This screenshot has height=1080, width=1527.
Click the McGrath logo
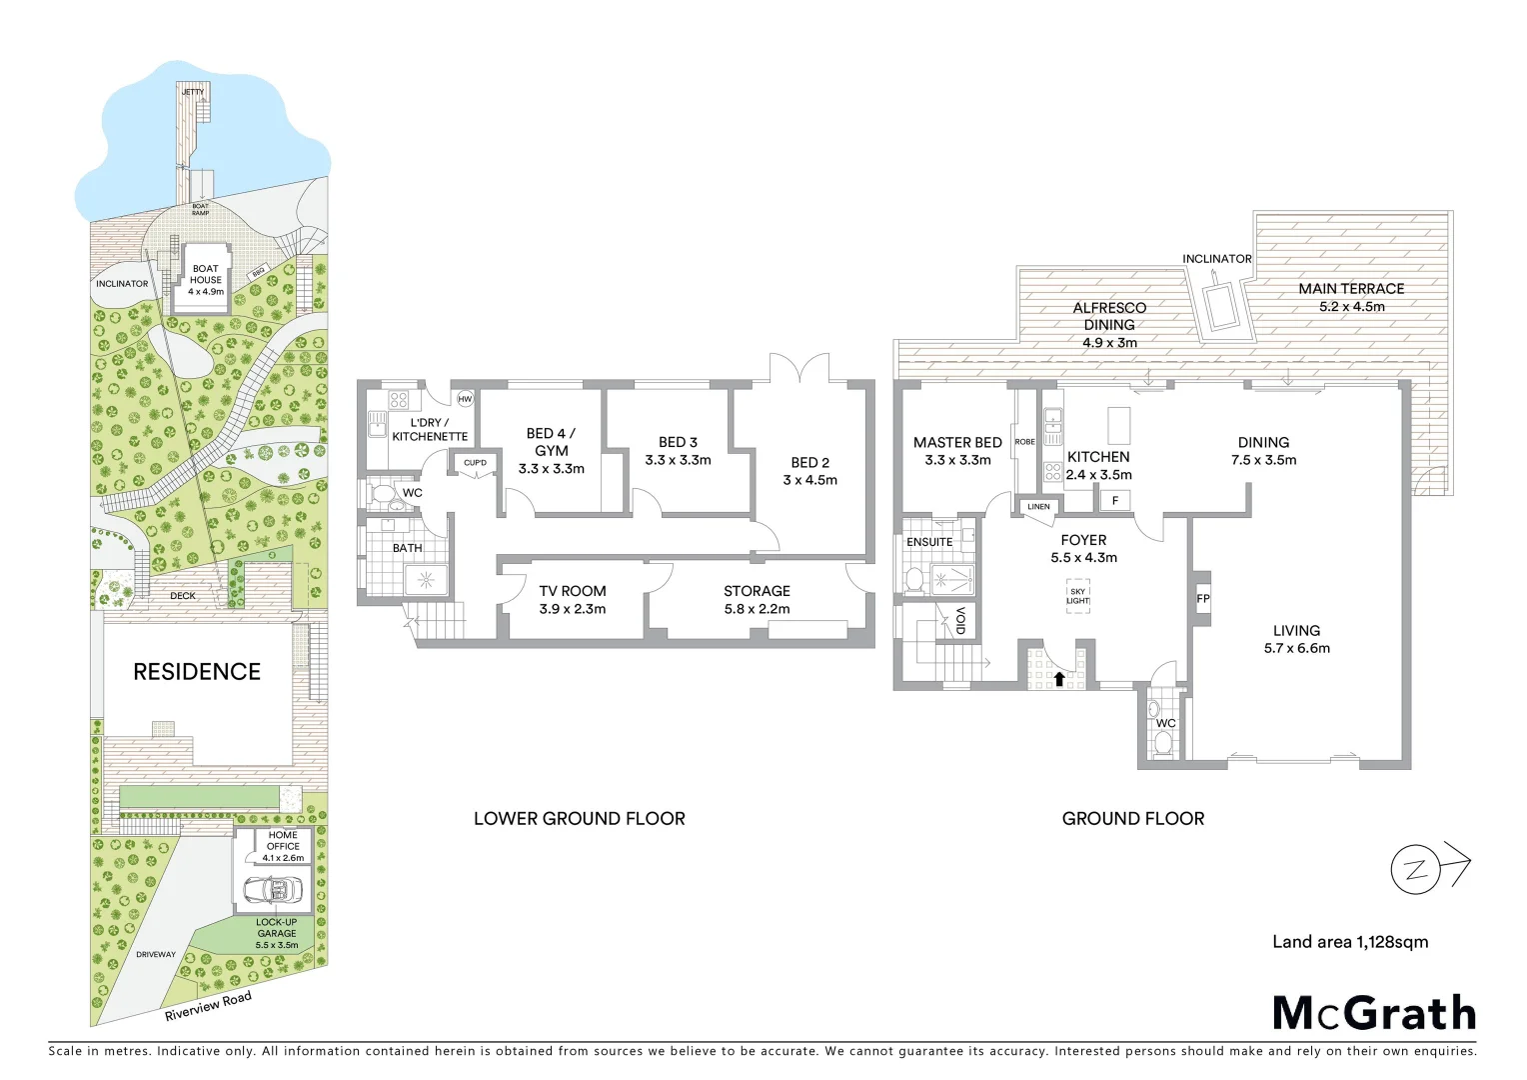1374,1013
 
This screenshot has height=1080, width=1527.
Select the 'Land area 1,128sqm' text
1350,942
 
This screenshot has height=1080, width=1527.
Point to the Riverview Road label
208,1006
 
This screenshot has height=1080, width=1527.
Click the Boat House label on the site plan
206,280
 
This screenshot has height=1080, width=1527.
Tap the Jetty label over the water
193,92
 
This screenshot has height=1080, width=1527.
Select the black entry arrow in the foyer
1059,679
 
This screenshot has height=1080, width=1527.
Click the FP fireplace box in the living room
1202,599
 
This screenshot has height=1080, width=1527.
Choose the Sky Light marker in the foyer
1077,596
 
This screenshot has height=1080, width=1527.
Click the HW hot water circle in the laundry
465,399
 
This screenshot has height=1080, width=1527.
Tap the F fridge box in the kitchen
1115,500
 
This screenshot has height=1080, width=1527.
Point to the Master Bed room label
957,442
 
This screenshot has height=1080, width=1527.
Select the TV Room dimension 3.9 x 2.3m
573,609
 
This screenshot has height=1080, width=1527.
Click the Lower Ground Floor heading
580,819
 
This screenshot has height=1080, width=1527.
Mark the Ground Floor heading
1133,819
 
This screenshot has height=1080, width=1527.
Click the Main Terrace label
1351,289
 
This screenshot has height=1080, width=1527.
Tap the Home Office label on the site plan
283,841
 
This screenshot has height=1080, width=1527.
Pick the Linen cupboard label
1039,507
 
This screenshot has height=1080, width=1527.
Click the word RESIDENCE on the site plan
197,672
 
